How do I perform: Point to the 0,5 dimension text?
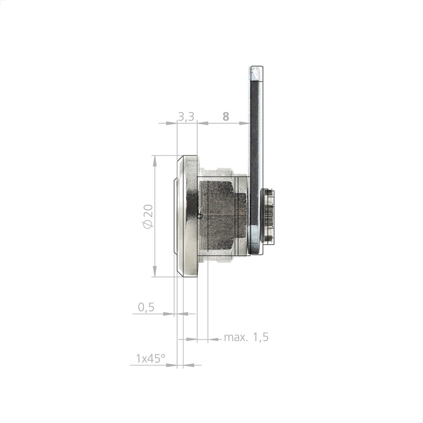pos(146,307)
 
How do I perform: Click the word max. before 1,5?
pos(236,337)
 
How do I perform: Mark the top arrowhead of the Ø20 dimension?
pos(154,159)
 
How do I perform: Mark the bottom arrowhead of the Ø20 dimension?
pos(154,272)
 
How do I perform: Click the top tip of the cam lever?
pos(256,69)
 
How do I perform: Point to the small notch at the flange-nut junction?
pos(199,215)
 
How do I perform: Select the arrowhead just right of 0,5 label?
pos(169,314)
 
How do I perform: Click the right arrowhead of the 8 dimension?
pos(245,123)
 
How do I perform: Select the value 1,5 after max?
pos(260,337)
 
